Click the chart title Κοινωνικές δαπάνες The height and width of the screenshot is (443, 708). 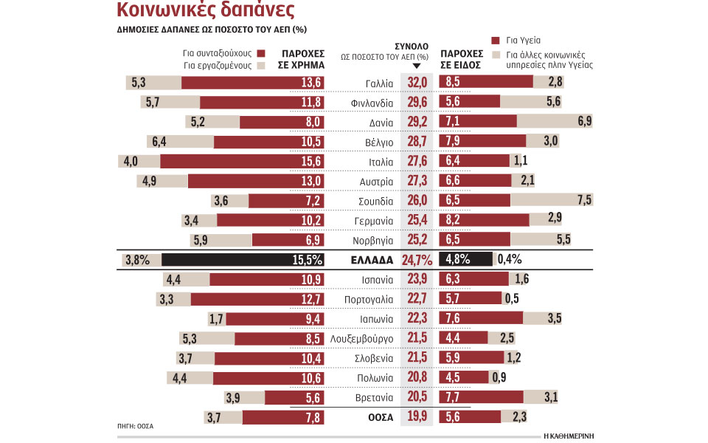coord(206,11)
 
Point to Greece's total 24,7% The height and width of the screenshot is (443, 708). coord(417,260)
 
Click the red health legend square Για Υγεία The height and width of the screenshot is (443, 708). coord(495,41)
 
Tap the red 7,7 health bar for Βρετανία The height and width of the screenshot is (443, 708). coord(481,397)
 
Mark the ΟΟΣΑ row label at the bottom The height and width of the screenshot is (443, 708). coord(381,417)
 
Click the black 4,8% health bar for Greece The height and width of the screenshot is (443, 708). coord(465,259)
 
